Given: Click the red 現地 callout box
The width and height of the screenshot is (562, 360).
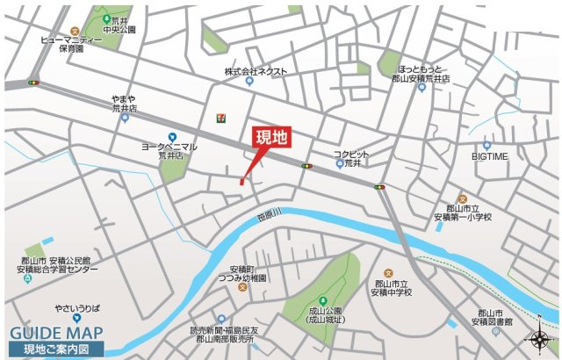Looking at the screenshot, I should point(270,138).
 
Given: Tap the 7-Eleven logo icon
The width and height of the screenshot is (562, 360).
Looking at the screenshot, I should point(216,118).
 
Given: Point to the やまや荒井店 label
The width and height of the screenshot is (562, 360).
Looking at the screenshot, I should point(126,104).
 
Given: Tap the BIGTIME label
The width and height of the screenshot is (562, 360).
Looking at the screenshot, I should point(489,156).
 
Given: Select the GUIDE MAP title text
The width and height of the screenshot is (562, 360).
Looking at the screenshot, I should point(55,333).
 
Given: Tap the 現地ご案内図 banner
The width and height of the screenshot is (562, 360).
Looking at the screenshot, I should point(56,349).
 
